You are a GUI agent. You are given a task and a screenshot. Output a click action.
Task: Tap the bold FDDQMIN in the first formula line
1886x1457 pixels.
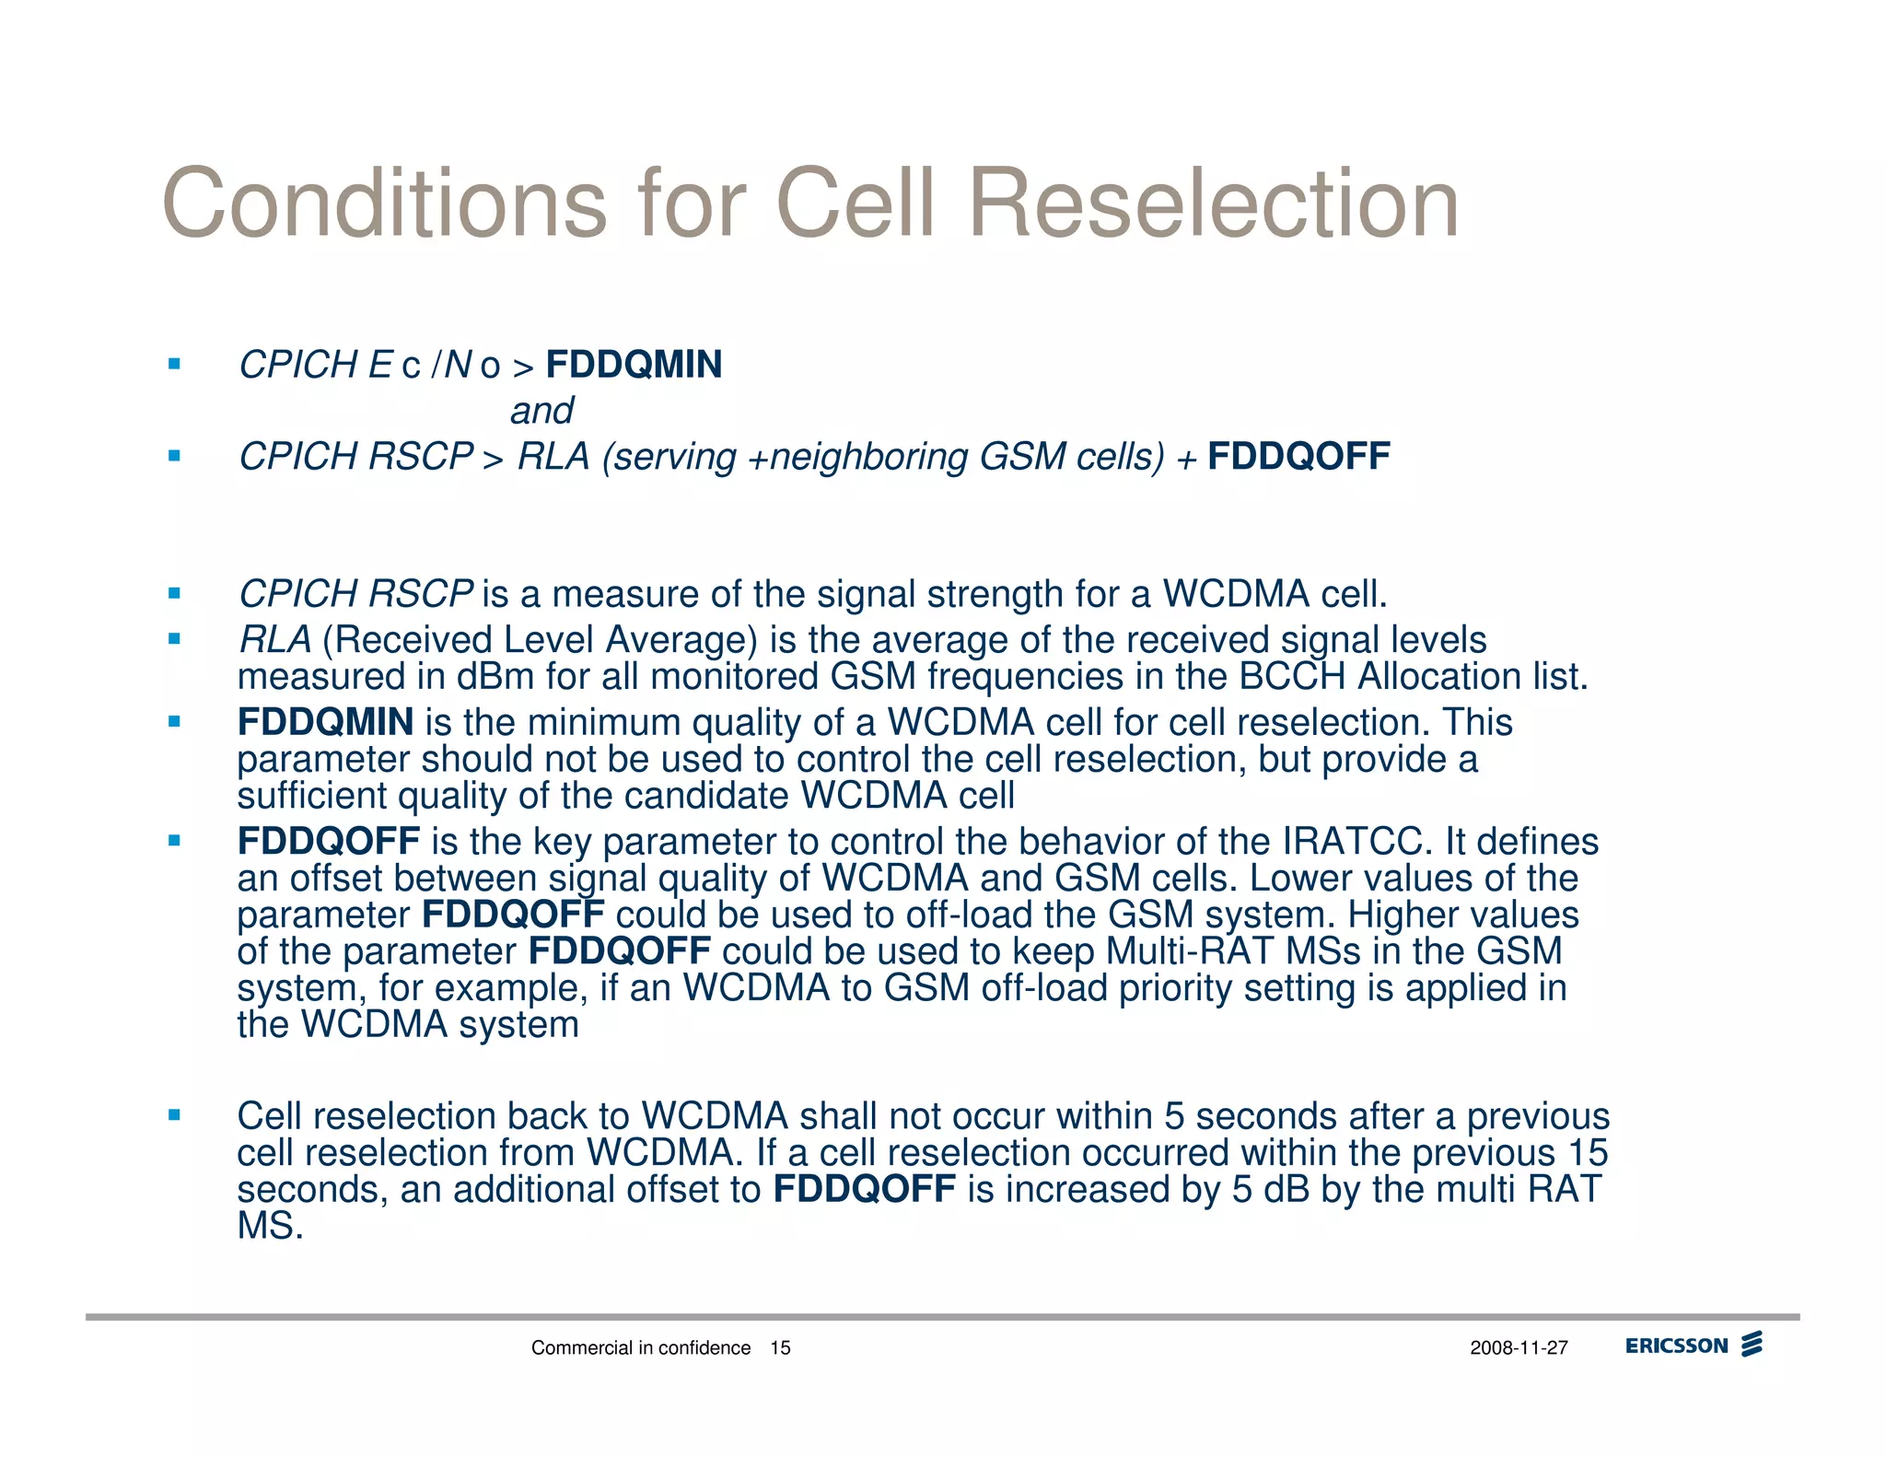pyautogui.click(x=634, y=365)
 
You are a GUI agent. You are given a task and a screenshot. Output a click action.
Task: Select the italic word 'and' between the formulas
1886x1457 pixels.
pyautogui.click(x=541, y=411)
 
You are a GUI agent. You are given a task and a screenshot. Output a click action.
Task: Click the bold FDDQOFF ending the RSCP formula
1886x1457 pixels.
pyautogui.click(x=1298, y=457)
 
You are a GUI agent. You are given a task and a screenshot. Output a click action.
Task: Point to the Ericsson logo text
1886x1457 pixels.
pyautogui.click(x=1676, y=1346)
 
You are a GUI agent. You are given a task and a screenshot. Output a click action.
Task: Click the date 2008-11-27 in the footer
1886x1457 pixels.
pyautogui.click(x=1519, y=1348)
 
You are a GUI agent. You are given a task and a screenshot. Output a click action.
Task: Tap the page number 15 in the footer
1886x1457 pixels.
pyautogui.click(x=780, y=1348)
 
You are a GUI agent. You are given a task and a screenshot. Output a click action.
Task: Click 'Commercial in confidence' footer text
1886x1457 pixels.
pyautogui.click(x=641, y=1348)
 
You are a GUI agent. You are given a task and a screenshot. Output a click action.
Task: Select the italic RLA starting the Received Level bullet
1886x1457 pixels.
pyautogui.click(x=274, y=640)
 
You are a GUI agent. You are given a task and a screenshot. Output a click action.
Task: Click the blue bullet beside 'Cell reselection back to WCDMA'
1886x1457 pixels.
pyautogui.click(x=174, y=1115)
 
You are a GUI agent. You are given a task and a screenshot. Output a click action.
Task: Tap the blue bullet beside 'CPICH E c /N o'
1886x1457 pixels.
pyautogui.click(x=174, y=364)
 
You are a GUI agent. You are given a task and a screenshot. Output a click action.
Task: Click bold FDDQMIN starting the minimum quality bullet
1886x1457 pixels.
pyautogui.click(x=325, y=723)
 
